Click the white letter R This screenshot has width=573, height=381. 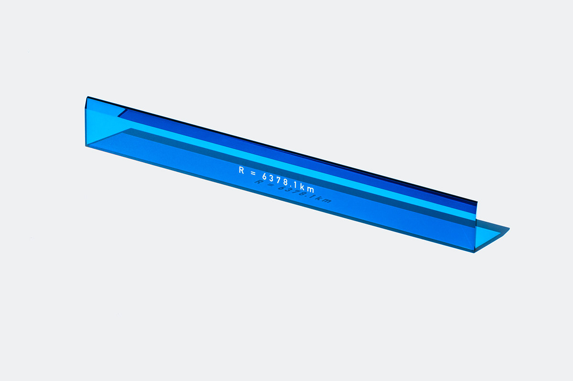[242, 169]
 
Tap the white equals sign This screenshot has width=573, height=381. [254, 172]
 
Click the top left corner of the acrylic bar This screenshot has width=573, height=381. [86, 97]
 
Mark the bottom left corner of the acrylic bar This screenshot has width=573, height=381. [86, 146]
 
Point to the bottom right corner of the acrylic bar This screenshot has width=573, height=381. [474, 252]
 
